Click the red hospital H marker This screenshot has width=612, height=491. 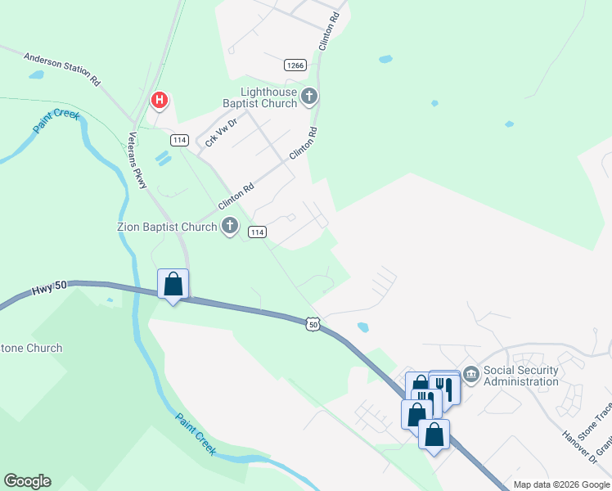[x=160, y=101]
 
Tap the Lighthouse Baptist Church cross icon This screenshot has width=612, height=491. [x=309, y=97]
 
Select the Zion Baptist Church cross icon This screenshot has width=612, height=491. [x=231, y=225]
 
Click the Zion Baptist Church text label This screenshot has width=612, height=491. [x=167, y=226]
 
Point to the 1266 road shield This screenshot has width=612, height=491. [x=295, y=65]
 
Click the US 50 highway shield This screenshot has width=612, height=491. [x=313, y=325]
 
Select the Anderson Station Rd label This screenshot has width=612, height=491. [x=61, y=70]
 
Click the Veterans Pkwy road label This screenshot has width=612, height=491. [x=137, y=161]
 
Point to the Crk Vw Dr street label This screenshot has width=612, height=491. [x=220, y=132]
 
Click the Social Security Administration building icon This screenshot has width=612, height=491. [x=470, y=375]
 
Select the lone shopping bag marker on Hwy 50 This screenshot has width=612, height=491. [x=173, y=284]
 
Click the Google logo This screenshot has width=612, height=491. [x=27, y=481]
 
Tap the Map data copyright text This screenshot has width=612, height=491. [x=560, y=484]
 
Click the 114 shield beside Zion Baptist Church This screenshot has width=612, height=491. [x=257, y=232]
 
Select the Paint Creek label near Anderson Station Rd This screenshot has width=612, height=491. [x=56, y=122]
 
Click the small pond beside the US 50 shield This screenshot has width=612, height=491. [x=362, y=327]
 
